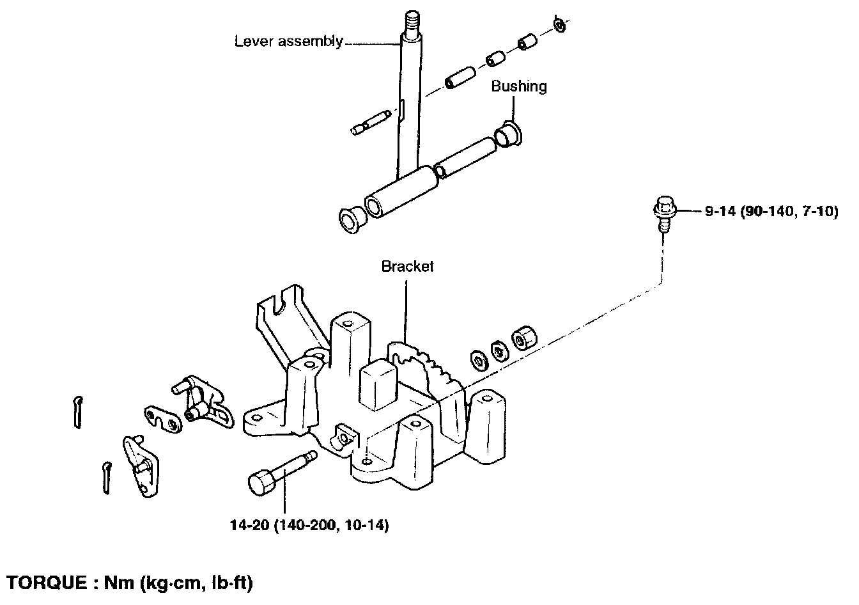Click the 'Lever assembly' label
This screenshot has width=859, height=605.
(x=288, y=42)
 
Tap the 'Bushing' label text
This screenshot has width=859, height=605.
(x=518, y=86)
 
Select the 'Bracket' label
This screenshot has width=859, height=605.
(x=407, y=266)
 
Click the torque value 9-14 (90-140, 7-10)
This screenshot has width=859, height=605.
(x=771, y=210)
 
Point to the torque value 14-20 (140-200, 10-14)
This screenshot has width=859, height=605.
(x=309, y=526)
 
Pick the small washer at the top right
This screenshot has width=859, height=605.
(x=559, y=25)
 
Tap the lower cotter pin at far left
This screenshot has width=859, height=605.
(x=107, y=476)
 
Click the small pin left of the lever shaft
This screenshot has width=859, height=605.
(x=370, y=122)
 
